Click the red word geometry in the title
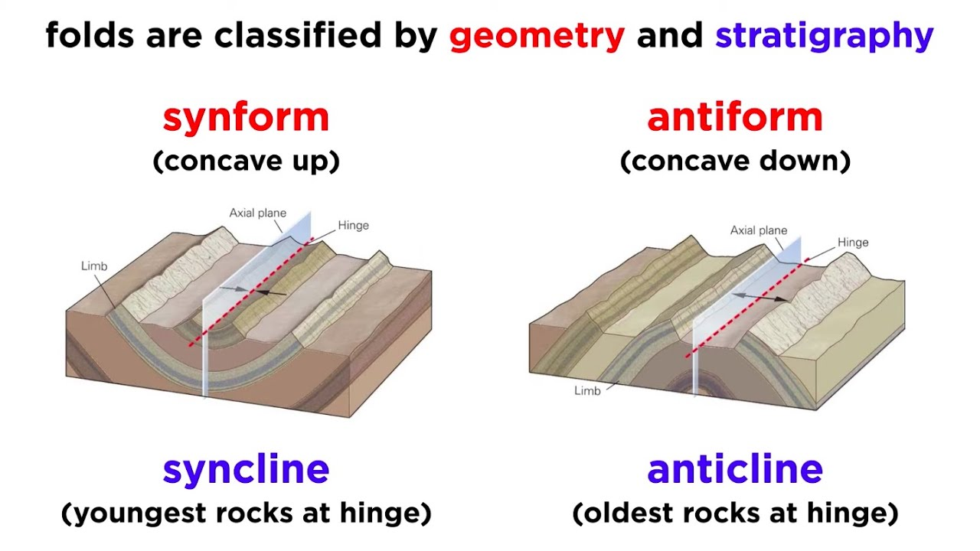point(537,36)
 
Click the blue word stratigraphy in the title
point(824,36)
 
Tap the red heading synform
point(246,117)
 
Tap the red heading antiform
point(734,117)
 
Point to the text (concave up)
point(246,161)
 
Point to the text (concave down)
point(734,161)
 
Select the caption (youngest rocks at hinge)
point(246,513)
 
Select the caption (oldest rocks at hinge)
point(734,513)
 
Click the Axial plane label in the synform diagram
point(257,213)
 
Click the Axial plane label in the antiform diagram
point(758,230)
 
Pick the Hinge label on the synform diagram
point(353,226)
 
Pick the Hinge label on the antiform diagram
point(852,243)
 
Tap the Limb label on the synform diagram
point(94,266)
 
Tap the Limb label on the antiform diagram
point(587,391)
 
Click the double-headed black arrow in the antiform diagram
point(759,296)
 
